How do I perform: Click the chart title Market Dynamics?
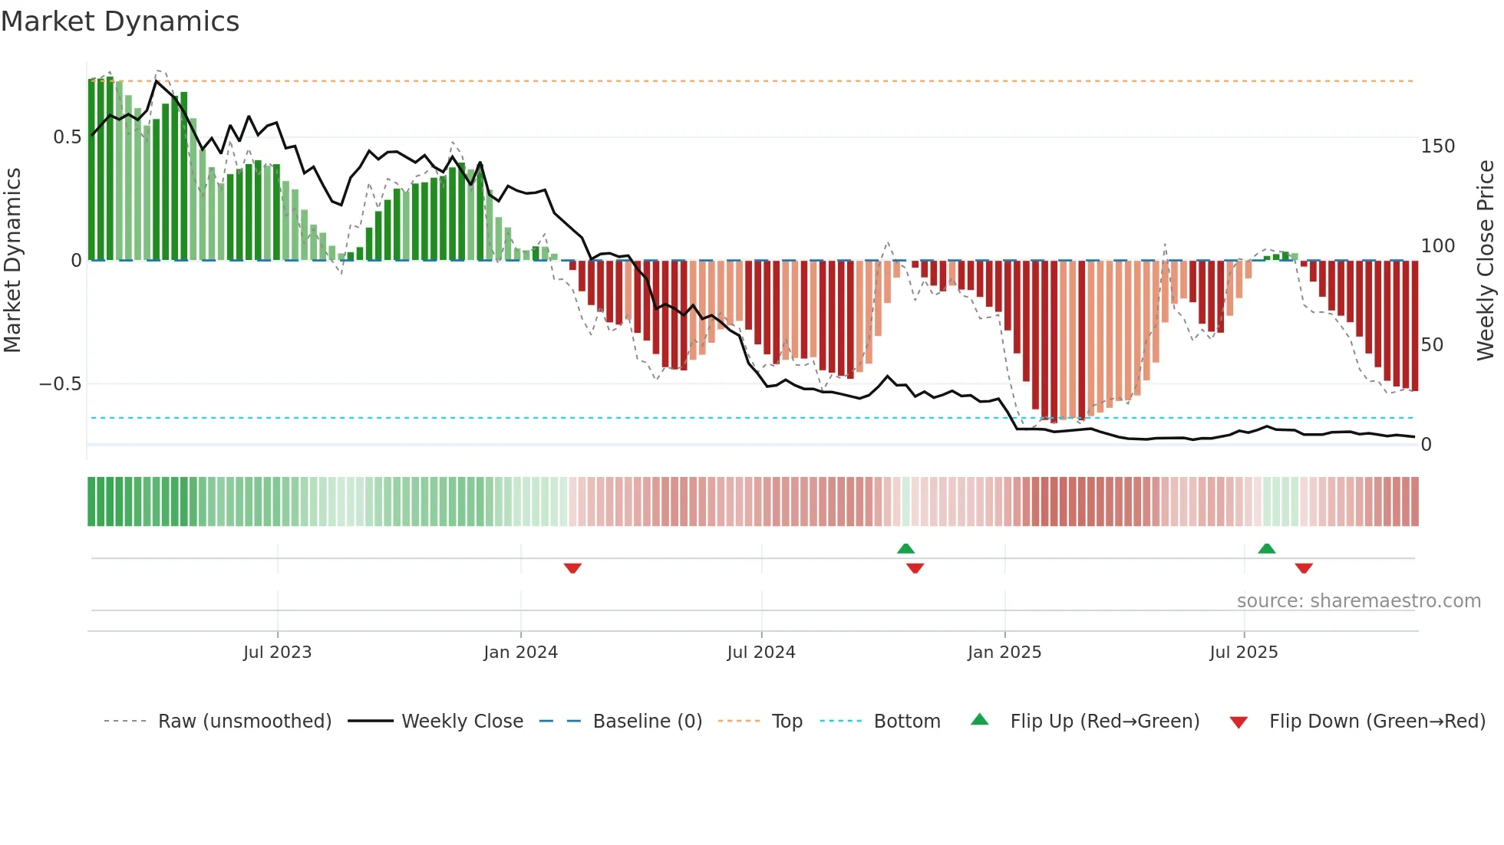click(120, 21)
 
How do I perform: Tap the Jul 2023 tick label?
click(277, 653)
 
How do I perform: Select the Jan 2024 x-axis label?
click(520, 653)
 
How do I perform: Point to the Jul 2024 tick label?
click(761, 653)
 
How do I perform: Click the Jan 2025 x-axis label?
click(1004, 653)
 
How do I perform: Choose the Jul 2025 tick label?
click(1244, 653)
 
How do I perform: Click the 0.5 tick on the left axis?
click(67, 137)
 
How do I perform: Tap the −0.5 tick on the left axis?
click(61, 384)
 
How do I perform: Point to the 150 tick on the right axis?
click(1437, 146)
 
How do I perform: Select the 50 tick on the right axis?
click(1432, 345)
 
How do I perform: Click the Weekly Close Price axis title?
click(1486, 261)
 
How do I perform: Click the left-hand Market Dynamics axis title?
click(12, 261)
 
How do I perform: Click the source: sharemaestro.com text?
click(1358, 601)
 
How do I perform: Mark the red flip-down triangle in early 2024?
click(572, 568)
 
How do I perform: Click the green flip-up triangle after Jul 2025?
click(1267, 548)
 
